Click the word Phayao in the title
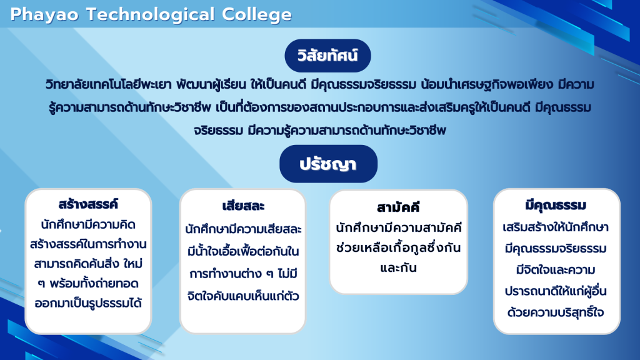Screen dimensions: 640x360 (x=44, y=15)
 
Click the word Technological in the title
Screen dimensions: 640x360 (x=150, y=15)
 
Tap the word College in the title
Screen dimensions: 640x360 (x=257, y=15)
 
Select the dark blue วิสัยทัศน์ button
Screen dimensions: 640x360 (x=327, y=56)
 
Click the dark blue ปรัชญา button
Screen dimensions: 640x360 (x=328, y=164)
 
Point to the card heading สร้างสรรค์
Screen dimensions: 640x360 (x=88, y=204)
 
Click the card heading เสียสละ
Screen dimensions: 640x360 (x=243, y=206)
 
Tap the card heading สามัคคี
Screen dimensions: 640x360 (x=398, y=207)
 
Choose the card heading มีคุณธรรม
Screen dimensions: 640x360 (x=556, y=205)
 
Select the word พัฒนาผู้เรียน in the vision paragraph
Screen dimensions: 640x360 (x=211, y=85)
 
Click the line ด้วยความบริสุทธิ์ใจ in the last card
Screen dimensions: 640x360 (x=556, y=312)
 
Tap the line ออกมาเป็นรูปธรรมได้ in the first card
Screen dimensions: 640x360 (x=88, y=303)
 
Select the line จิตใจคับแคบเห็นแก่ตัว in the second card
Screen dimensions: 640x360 (x=243, y=296)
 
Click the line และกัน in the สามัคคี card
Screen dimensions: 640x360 (x=398, y=268)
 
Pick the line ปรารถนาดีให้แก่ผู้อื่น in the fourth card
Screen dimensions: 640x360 (x=556, y=291)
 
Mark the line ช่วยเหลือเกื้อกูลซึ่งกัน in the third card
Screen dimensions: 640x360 (x=398, y=247)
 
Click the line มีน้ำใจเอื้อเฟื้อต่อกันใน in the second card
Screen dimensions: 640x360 (x=243, y=251)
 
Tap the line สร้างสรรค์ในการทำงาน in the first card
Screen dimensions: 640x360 (x=88, y=244)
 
